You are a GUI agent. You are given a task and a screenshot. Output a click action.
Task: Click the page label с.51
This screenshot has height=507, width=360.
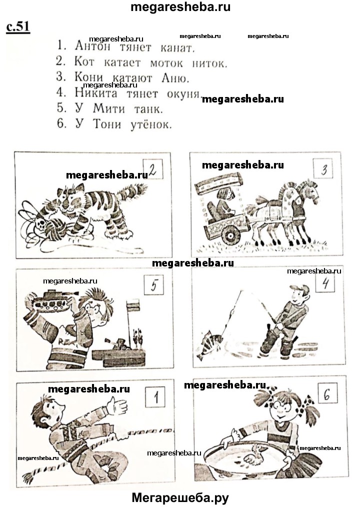18,27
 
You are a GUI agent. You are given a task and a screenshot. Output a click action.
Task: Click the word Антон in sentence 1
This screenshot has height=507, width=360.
92,46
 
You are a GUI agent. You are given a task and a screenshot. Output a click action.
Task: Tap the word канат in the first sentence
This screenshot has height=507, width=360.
177,48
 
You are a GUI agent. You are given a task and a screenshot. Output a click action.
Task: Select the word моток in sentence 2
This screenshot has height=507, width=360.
166,63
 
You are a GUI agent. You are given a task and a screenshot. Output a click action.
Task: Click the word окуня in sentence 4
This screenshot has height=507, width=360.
183,94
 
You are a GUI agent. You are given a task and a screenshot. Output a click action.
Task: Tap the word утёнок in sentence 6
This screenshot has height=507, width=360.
150,125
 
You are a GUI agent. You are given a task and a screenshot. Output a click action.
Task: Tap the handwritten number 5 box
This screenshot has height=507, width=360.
154,285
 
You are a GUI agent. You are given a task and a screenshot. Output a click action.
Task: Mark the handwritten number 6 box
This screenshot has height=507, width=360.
327,394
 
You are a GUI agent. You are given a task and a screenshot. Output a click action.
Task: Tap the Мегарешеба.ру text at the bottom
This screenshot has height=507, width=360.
180,497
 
